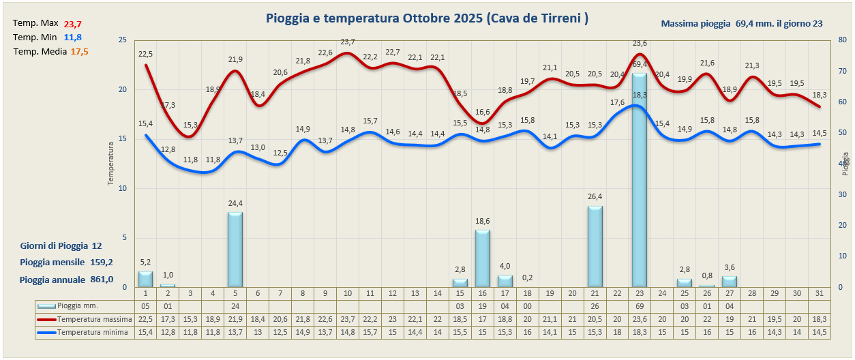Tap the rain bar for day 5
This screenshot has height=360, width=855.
point(235,249)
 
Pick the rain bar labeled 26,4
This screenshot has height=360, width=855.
point(595,245)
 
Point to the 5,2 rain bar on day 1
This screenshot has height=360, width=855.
point(145,279)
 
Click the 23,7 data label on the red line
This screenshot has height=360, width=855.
point(348,42)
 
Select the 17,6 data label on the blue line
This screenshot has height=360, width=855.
point(617,102)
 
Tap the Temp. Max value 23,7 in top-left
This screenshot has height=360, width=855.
point(72,25)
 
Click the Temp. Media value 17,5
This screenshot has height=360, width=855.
point(80,52)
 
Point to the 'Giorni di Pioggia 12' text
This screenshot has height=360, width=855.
point(61,245)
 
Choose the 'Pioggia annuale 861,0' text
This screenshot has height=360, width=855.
point(66,279)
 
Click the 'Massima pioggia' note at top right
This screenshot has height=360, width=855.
point(741,24)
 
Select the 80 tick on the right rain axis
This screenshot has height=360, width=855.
point(843,40)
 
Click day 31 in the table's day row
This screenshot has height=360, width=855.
point(820,293)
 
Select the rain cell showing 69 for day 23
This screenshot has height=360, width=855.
point(640,306)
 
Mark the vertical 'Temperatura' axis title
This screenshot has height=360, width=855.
point(110,164)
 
